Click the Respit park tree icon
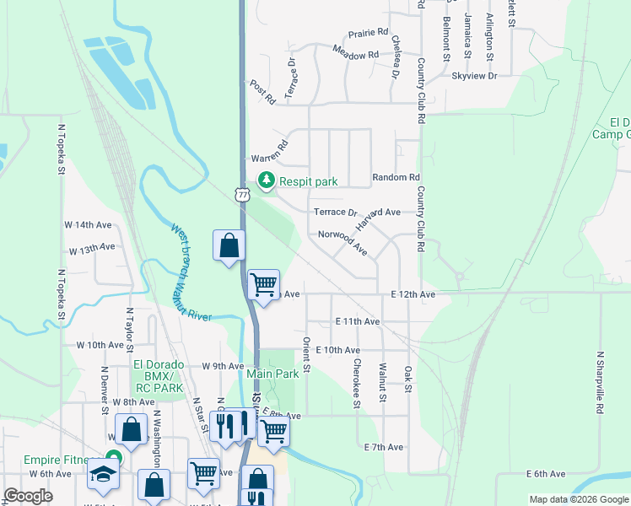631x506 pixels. coord(267,180)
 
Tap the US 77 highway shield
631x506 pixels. coord(243,195)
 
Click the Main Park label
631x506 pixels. coord(272,373)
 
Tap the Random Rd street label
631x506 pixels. coord(396,178)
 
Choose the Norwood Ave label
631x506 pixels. coord(342,243)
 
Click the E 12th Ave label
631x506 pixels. coord(413,294)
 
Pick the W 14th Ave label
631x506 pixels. coord(88,225)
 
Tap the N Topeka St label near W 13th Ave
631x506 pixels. coord(62,294)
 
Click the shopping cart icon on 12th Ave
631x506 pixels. coord(264,284)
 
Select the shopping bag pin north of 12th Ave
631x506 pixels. coord(229,245)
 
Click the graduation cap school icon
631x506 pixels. coord(104,475)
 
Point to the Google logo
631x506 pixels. coord(28,496)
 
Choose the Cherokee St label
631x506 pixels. coord(358,384)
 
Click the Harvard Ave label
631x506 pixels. coord(377,219)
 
